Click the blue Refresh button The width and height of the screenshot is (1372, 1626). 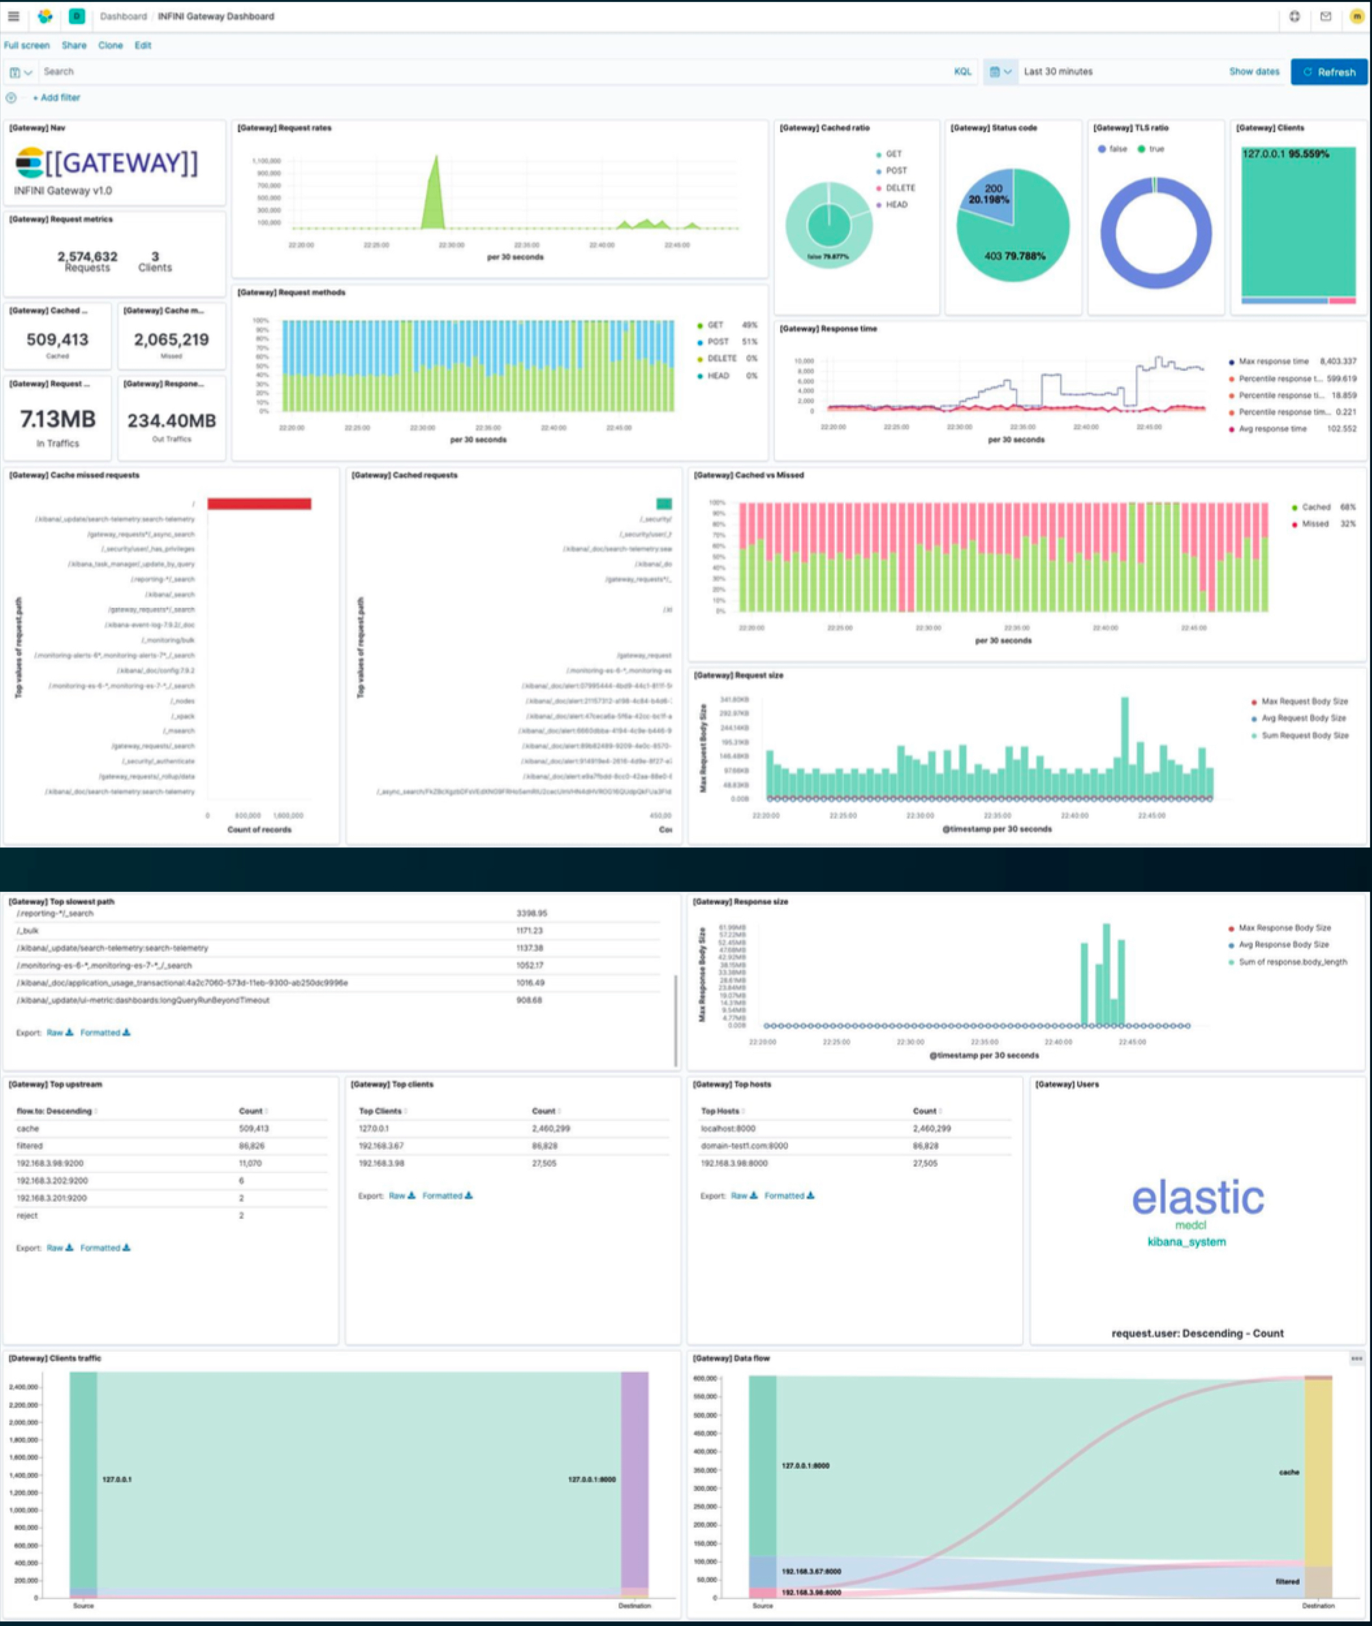point(1328,72)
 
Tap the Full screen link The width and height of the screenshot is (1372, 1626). point(27,45)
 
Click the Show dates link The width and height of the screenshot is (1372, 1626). point(1253,72)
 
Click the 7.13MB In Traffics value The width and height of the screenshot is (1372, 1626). point(57,420)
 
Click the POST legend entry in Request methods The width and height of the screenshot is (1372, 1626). point(717,341)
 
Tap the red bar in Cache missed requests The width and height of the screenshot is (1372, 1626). point(259,504)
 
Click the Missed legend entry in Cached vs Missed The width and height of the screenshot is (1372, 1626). point(1315,524)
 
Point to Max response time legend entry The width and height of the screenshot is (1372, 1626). point(1273,362)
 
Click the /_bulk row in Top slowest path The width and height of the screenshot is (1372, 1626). point(28,930)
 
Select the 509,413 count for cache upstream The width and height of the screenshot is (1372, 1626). point(253,1128)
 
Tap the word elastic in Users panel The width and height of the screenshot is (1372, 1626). point(1197,1198)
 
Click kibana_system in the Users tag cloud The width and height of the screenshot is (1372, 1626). point(1186,1242)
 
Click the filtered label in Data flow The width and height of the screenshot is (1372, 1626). point(1287,1582)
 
